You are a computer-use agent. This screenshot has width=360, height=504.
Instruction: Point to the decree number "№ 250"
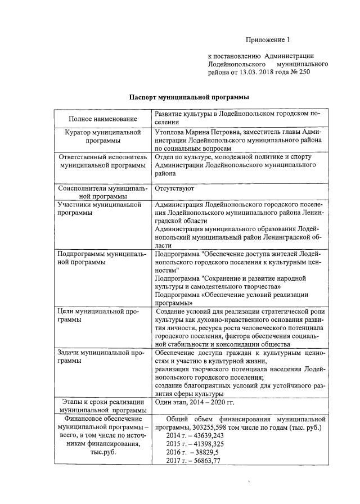(300, 72)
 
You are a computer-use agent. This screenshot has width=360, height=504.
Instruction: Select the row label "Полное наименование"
(103, 119)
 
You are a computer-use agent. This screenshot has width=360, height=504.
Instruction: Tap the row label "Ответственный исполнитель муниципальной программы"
(103, 161)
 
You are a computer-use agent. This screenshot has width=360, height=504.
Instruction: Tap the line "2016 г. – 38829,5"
(191, 453)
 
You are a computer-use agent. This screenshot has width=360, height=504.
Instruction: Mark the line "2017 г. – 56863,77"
(193, 461)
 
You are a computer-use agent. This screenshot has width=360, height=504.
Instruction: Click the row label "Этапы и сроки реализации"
(103, 402)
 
